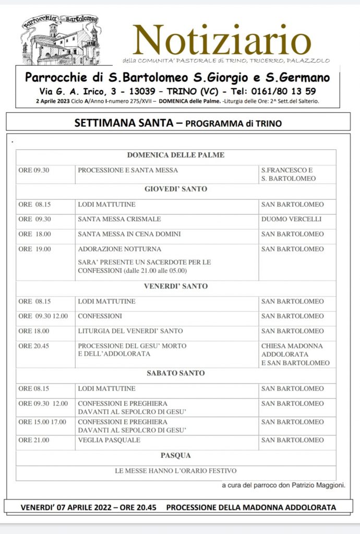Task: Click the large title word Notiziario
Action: click(222, 41)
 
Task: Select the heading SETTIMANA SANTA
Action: click(121, 124)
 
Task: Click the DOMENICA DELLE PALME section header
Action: click(175, 155)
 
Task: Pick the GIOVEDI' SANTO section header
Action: click(175, 189)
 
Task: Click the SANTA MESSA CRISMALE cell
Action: click(119, 219)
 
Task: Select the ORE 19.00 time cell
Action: click(35, 249)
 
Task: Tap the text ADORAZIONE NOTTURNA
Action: click(119, 249)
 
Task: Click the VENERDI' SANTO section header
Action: click(175, 286)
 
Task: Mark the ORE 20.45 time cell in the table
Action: click(34, 346)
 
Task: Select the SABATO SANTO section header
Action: click(175, 373)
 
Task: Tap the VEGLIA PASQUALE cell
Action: click(109, 440)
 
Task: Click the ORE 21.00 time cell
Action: click(34, 440)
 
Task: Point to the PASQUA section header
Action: click(175, 456)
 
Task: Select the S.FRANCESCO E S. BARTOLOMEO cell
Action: click(289, 174)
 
